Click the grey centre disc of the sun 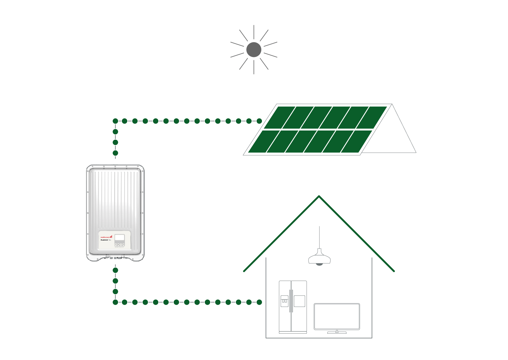(x=254, y=50)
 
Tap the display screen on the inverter (x=119, y=238)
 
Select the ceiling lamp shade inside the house (x=319, y=258)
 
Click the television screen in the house (x=337, y=316)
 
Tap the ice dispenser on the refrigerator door (x=285, y=301)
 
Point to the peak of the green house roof (x=319, y=196)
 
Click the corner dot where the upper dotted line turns (x=115, y=121)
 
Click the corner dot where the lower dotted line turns (x=115, y=302)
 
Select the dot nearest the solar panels (x=259, y=121)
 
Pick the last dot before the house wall (x=259, y=302)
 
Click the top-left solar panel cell (x=279, y=117)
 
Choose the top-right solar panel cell (x=372, y=117)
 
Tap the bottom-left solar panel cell (x=264, y=142)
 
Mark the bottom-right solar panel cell (x=356, y=142)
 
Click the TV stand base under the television (x=337, y=333)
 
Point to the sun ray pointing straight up (x=254, y=32)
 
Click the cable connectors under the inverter (x=115, y=258)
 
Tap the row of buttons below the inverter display (x=119, y=245)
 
